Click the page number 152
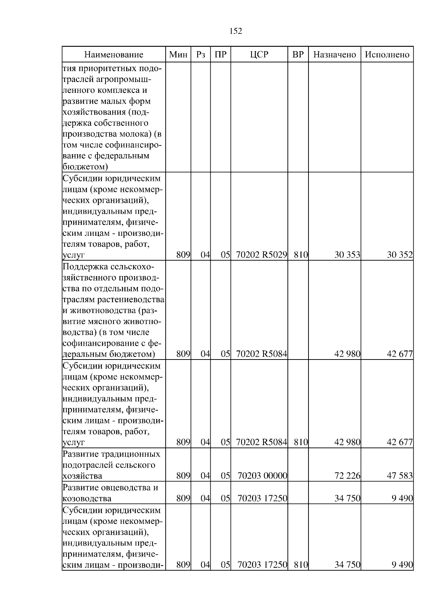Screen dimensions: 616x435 (236, 31)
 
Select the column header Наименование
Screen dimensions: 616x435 (114, 55)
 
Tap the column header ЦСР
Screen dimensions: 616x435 (259, 55)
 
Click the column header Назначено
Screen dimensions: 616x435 (335, 55)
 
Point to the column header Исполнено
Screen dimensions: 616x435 (387, 55)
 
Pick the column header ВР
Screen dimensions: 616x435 (298, 55)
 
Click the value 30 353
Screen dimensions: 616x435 (347, 255)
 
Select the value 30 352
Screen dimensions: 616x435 (399, 255)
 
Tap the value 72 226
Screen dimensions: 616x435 (347, 476)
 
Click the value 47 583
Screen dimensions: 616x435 (399, 476)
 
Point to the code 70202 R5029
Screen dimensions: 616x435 (261, 255)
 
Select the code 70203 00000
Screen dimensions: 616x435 (262, 476)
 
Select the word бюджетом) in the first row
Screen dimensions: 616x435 (85, 167)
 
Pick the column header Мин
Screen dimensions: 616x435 (178, 55)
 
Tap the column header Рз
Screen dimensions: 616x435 (200, 55)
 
